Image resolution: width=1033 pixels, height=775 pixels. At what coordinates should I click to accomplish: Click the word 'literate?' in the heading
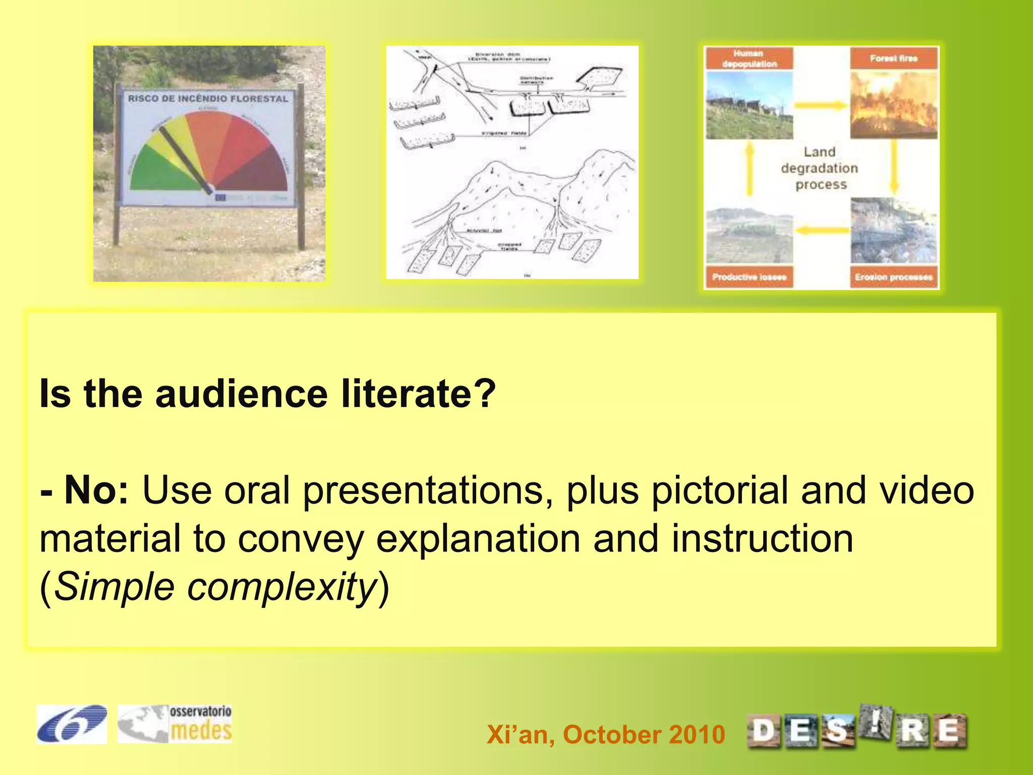tap(418, 394)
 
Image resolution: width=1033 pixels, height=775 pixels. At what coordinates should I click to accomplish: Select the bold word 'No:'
tap(96, 490)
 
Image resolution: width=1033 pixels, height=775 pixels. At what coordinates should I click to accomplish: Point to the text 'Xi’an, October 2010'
tap(605, 734)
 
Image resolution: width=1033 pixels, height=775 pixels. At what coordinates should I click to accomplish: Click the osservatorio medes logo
tap(175, 724)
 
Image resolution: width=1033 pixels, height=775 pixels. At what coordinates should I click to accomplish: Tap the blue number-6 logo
tap(71, 724)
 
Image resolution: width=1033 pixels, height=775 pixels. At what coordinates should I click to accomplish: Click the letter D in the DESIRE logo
tap(764, 731)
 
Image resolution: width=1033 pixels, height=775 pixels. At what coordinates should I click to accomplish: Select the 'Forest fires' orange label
tap(893, 59)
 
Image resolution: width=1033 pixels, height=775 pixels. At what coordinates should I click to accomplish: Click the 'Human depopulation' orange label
tap(749, 59)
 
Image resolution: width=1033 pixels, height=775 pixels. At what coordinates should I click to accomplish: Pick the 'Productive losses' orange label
tap(749, 277)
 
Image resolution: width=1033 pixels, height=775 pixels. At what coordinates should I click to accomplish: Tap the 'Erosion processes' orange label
tap(893, 277)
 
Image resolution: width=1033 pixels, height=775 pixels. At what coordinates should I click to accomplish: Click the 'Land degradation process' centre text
tap(820, 168)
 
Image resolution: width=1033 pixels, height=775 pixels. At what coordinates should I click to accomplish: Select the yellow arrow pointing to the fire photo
tap(821, 105)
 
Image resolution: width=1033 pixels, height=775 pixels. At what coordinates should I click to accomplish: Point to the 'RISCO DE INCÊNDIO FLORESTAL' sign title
tap(208, 98)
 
